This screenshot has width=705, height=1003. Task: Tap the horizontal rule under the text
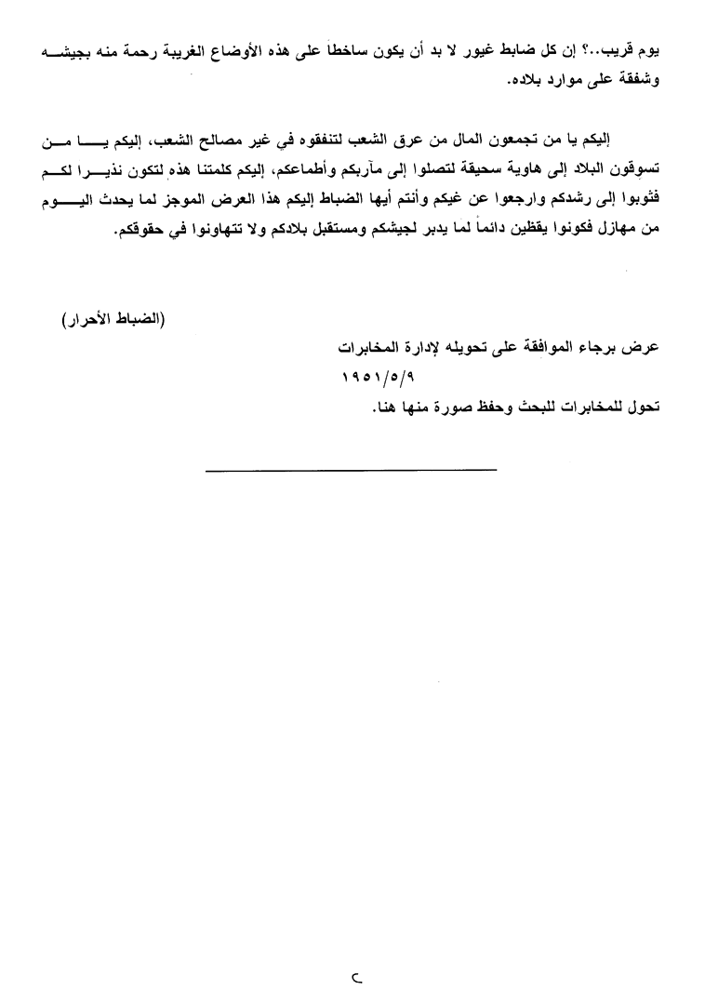351,471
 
